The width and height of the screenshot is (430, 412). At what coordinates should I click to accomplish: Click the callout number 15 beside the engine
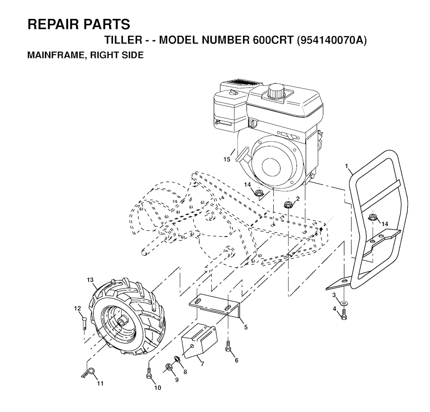click(x=227, y=159)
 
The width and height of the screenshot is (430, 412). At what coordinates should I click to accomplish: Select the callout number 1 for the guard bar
click(x=347, y=167)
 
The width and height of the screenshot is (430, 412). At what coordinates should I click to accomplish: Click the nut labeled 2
click(x=288, y=205)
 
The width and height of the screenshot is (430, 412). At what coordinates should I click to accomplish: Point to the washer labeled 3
click(x=345, y=303)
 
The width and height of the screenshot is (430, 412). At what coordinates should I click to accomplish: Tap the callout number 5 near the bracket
click(x=246, y=327)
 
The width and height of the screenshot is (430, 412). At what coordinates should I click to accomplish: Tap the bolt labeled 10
click(x=148, y=372)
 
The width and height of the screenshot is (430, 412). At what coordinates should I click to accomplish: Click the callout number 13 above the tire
click(x=90, y=280)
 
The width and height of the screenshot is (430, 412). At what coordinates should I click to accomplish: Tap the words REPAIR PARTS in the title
click(x=79, y=24)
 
